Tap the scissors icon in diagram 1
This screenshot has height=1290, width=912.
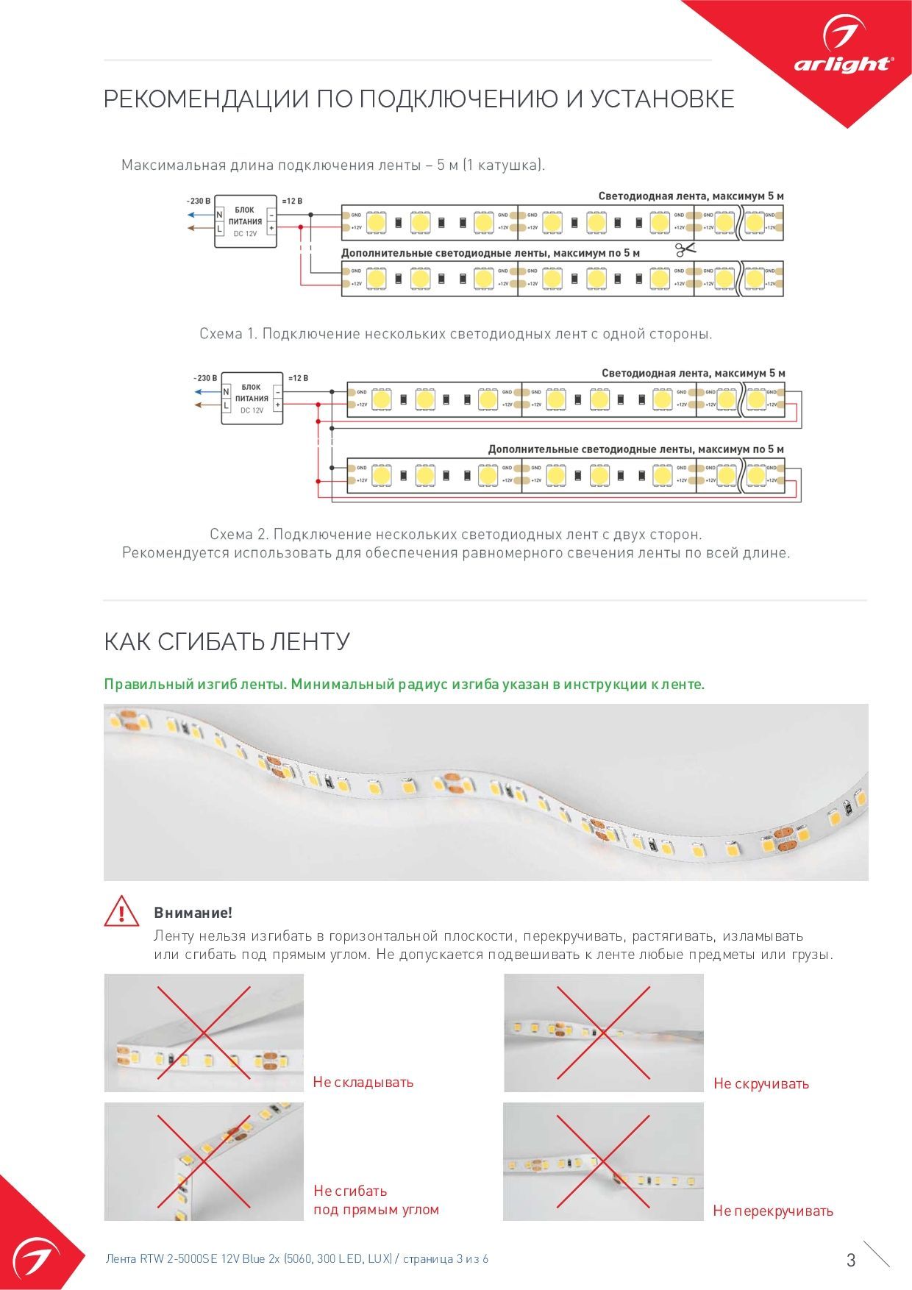pyautogui.click(x=685, y=250)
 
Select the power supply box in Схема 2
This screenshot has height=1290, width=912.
pyautogui.click(x=252, y=398)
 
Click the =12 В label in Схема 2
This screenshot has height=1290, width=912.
pyautogui.click(x=297, y=378)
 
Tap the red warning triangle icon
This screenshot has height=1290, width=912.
pyautogui.click(x=121, y=912)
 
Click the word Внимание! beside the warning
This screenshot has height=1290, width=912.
pyautogui.click(x=193, y=913)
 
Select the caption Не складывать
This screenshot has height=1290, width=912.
pyautogui.click(x=363, y=1082)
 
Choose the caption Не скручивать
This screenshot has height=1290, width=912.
pyautogui.click(x=761, y=1083)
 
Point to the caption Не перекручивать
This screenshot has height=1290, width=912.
pyautogui.click(x=773, y=1211)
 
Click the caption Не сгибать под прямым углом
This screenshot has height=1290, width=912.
pyautogui.click(x=376, y=1200)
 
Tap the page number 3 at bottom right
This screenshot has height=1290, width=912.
pyautogui.click(x=851, y=1260)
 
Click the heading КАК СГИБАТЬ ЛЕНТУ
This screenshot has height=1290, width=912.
pyautogui.click(x=227, y=641)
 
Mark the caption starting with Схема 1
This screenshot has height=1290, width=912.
pyautogui.click(x=456, y=334)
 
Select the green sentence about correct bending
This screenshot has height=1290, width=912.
pyautogui.click(x=404, y=684)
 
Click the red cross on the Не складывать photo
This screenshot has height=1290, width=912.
pyautogui.click(x=204, y=1033)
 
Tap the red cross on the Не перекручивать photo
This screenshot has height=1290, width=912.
pyautogui.click(x=603, y=1161)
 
